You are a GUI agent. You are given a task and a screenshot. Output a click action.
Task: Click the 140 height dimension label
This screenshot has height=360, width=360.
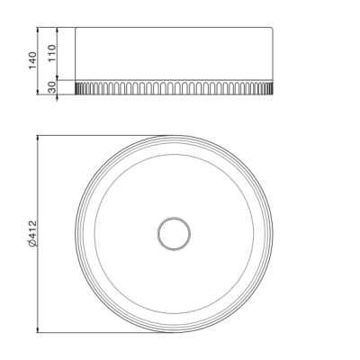[32, 60]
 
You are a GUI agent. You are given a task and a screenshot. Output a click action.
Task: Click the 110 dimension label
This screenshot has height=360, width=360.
[52, 53]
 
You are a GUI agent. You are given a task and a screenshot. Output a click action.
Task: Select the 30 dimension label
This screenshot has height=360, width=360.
[52, 87]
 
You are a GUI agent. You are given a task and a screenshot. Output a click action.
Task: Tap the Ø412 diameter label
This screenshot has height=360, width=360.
[32, 234]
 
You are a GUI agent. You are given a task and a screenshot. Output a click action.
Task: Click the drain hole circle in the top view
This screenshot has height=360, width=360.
[174, 234]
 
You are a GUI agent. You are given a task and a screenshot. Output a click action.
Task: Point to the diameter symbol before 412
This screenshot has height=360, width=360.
[32, 243]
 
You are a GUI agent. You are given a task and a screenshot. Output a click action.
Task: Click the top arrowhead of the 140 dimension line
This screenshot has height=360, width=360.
[38, 31]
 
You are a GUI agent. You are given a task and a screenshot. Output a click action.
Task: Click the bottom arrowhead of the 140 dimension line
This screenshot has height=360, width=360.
[38, 92]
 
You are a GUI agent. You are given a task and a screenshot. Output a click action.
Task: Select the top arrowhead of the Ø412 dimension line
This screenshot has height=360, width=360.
[38, 139]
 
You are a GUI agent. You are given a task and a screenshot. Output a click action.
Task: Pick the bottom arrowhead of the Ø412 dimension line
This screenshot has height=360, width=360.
[38, 329]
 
